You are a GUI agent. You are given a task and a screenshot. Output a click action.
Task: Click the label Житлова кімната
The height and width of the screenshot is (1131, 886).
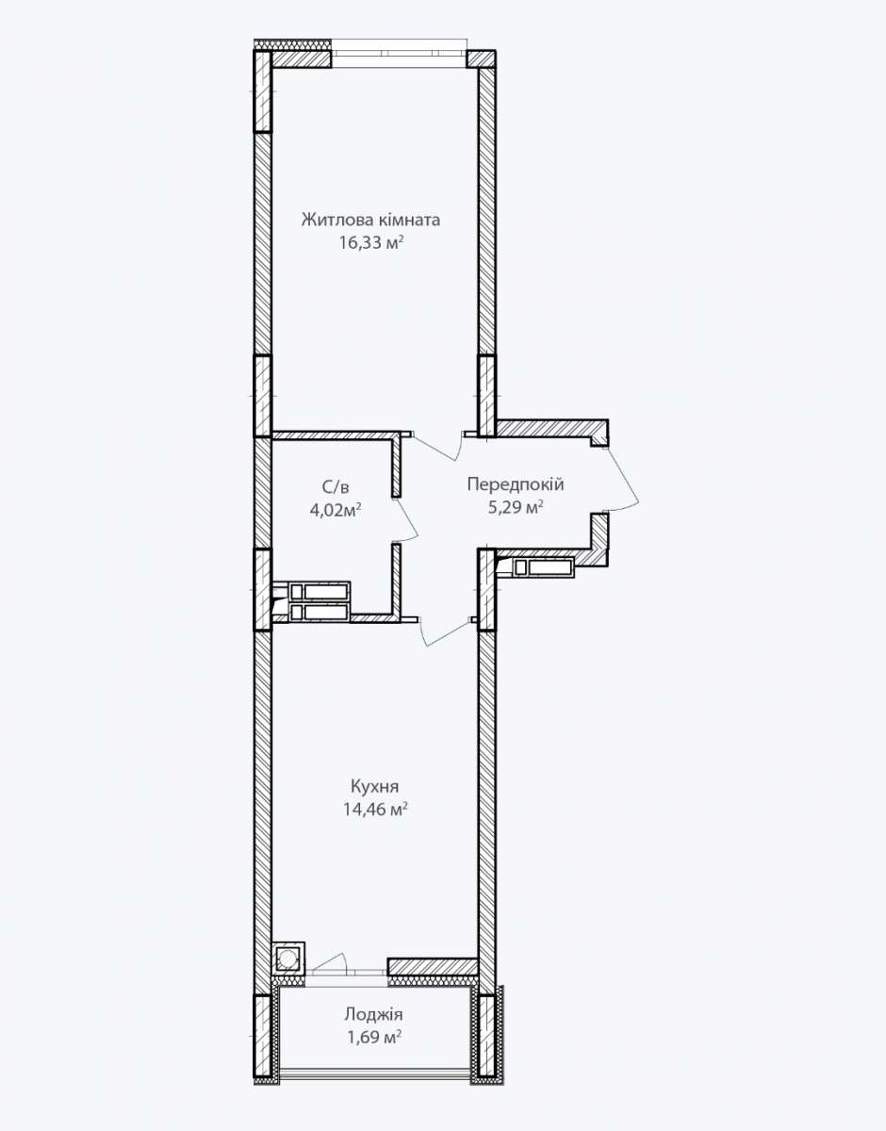coord(370,220)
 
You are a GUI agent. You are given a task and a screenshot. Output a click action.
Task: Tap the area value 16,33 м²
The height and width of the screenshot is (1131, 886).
coord(371,242)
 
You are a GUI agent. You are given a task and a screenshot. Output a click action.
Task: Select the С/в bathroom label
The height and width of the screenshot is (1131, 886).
coord(336,487)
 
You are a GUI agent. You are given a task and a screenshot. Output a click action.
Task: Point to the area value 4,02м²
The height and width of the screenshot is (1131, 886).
coord(336,510)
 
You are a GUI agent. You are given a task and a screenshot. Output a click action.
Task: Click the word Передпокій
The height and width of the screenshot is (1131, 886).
coord(515,484)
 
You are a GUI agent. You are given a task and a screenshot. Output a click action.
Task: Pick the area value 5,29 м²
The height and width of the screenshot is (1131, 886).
coord(516,507)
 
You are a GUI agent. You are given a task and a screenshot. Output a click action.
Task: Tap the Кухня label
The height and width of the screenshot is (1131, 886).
coord(374,786)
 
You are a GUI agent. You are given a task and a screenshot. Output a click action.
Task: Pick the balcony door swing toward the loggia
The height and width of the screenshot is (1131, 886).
coord(329,961)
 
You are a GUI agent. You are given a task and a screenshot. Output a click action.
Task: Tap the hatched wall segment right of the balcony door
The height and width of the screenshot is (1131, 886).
coord(433,966)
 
